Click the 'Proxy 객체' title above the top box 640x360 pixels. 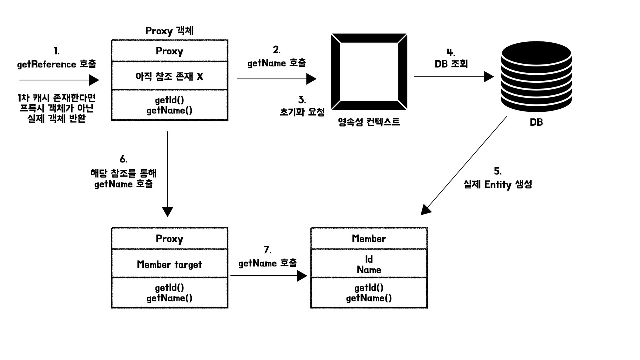point(169,31)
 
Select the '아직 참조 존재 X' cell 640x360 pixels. point(169,76)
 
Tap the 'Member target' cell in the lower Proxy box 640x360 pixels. point(169,263)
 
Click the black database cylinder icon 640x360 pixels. point(536,76)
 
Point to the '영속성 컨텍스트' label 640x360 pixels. point(369,122)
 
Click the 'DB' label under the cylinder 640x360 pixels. point(536,122)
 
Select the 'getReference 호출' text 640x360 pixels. point(56,64)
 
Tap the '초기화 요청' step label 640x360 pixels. point(302,112)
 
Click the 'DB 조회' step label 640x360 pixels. point(451,64)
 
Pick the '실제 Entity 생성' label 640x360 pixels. point(497,184)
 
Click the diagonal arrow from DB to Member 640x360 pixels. point(464,165)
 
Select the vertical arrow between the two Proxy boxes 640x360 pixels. point(167,174)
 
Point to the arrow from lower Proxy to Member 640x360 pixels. point(269,276)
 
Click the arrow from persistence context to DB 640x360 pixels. point(454,77)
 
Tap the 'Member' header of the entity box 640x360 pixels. point(369,238)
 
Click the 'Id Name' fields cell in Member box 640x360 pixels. point(369,264)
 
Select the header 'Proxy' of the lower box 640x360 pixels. point(169,238)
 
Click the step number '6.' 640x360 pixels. point(123,159)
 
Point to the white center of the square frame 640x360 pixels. point(369,71)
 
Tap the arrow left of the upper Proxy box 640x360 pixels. point(59,80)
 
